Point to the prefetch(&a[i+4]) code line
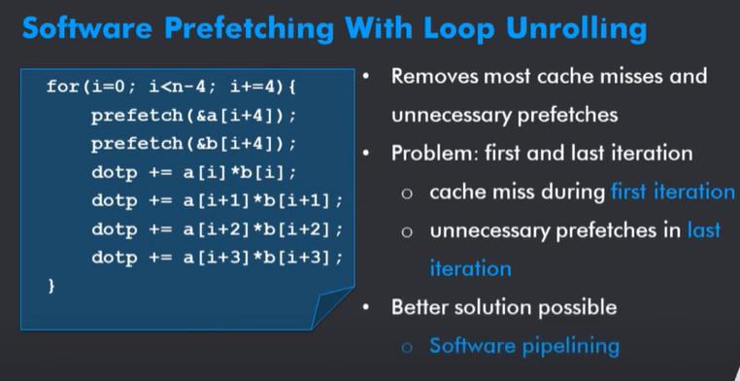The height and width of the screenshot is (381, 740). coord(193,116)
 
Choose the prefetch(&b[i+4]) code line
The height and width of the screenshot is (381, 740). coord(193,144)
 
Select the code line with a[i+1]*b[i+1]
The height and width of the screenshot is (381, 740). coord(217,201)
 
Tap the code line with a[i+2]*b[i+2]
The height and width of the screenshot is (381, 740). coord(217,229)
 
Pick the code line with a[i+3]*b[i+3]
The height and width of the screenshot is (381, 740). coord(217,258)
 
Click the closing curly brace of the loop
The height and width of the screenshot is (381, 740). coord(50,286)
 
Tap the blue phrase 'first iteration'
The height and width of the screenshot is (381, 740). coord(672,191)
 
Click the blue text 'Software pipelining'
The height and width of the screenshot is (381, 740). coord(524,345)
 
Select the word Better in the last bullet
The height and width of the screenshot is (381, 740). coord(420,307)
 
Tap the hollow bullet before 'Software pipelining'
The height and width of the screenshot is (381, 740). coord(408,346)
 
